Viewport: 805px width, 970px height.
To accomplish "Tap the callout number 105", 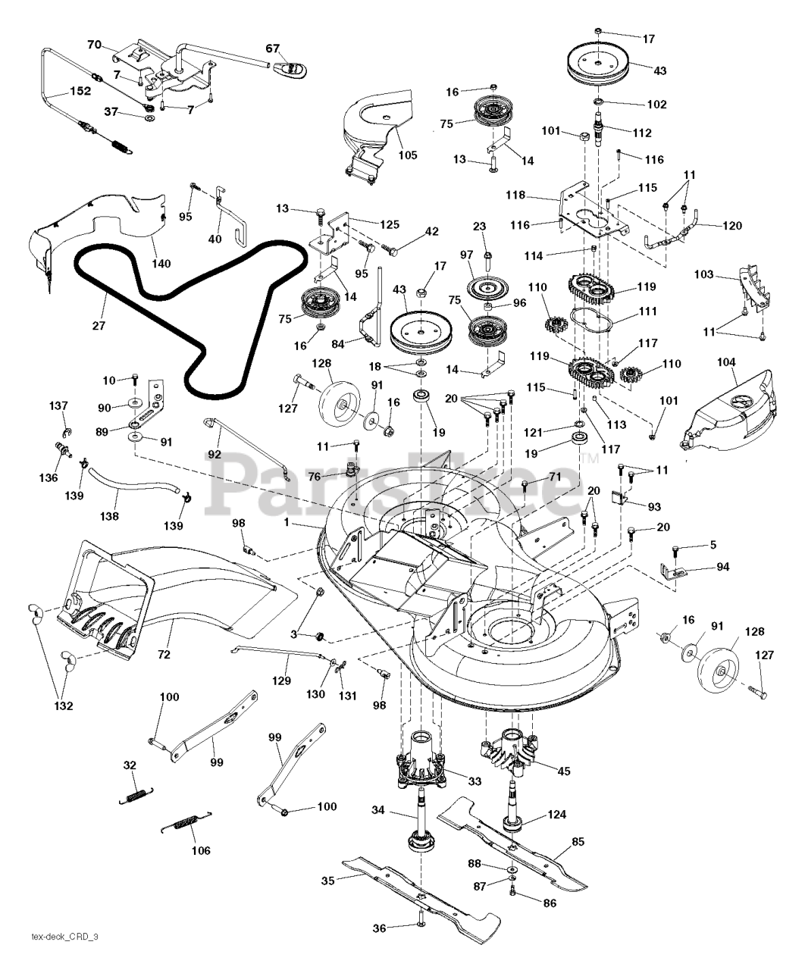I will (x=408, y=156).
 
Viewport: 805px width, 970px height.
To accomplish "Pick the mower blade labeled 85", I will (x=523, y=840).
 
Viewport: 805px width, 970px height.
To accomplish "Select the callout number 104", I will (x=726, y=363).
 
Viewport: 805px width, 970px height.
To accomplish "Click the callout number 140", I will (x=161, y=264).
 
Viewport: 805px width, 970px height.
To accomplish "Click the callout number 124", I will (x=557, y=816).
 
